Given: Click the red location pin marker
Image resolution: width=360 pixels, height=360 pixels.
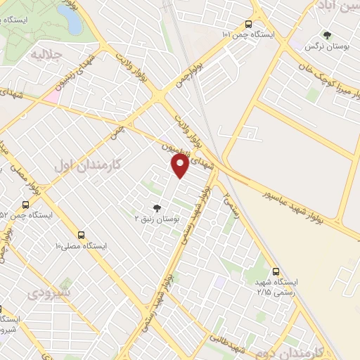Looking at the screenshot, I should click(180, 166).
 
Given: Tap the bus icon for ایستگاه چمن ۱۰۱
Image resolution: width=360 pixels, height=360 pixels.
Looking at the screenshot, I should click(247, 22).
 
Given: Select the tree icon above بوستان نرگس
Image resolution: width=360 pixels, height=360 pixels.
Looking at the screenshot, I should click(327, 34).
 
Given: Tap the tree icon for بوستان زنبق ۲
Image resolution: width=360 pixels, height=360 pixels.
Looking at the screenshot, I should click(156, 207).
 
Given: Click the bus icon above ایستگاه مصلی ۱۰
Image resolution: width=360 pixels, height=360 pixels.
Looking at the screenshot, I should click(82, 234).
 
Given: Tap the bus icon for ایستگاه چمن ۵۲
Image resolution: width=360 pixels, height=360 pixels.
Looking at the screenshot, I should click(25, 205).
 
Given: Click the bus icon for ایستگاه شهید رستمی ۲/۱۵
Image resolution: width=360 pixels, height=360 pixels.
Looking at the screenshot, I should click(276, 269).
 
